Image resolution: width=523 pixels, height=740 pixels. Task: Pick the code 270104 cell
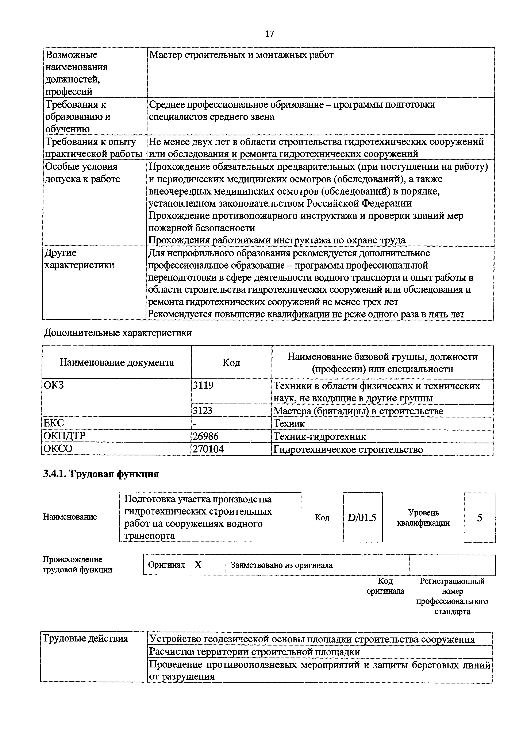tap(208, 449)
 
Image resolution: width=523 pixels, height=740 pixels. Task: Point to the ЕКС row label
tap(54, 423)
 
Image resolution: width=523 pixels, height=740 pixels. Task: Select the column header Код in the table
tap(231, 363)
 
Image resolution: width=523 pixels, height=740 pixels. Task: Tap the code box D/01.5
tap(362, 518)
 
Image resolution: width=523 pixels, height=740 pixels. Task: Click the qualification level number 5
tap(480, 518)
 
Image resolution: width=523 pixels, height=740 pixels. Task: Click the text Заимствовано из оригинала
tap(281, 565)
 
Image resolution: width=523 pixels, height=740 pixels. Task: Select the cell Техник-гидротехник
tap(319, 436)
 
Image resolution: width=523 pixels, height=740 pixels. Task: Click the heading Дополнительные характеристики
tap(118, 333)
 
